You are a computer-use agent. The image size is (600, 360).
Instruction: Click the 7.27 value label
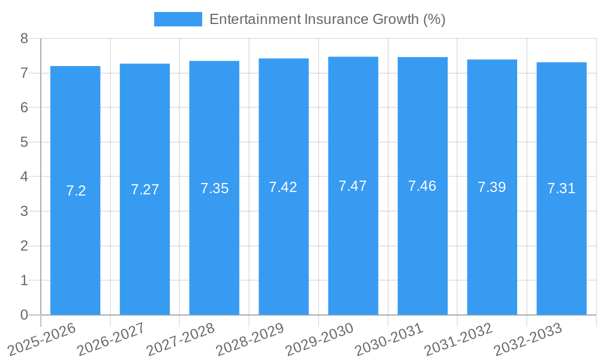(145, 190)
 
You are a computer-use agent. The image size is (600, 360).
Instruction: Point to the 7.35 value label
(214, 188)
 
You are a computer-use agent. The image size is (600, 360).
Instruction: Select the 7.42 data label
(283, 187)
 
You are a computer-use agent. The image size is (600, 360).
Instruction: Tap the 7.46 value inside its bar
(422, 186)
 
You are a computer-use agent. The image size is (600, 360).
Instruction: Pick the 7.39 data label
(491, 187)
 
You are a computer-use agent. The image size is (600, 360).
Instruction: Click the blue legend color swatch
(178, 19)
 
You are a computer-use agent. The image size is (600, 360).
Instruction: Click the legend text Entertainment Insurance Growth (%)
(327, 19)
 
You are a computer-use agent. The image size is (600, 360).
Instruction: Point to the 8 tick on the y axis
(25, 38)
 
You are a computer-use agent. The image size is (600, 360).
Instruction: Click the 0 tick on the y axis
(25, 315)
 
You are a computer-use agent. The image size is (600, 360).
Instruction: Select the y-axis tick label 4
(25, 177)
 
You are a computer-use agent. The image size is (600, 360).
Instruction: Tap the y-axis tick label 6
(25, 108)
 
